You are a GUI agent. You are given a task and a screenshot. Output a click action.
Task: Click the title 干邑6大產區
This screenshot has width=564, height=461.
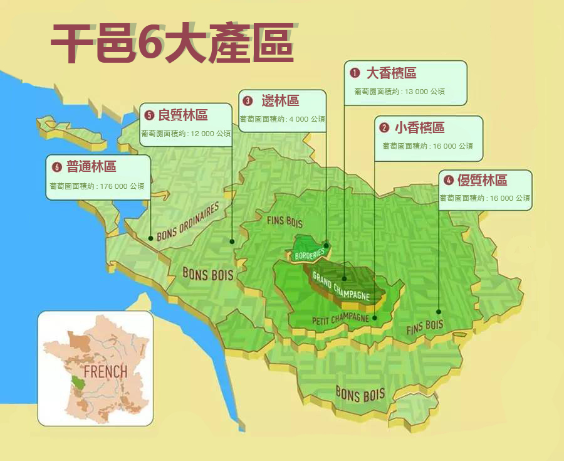tap(172, 44)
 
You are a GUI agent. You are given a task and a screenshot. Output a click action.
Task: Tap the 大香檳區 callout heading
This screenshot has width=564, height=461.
tap(391, 73)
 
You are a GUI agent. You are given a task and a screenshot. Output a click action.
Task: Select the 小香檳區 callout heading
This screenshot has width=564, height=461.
tap(419, 128)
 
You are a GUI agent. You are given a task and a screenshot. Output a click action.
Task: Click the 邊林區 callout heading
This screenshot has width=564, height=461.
tap(279, 101)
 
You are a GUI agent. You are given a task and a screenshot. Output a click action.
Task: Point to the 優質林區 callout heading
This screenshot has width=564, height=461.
tap(482, 181)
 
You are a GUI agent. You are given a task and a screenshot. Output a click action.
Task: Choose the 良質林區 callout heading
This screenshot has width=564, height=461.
tap(182, 115)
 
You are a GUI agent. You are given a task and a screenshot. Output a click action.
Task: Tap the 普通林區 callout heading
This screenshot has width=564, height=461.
tap(91, 167)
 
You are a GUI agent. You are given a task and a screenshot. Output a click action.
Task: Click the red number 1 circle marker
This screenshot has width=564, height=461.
tap(355, 73)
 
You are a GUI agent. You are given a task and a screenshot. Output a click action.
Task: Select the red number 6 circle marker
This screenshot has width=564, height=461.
tap(56, 167)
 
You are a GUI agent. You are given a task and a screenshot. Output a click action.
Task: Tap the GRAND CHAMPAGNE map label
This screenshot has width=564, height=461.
tap(342, 286)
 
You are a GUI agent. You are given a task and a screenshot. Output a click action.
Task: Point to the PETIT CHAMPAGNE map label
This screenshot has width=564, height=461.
tap(341, 318)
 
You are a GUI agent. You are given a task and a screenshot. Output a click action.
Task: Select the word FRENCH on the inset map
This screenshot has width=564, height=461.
tap(105, 371)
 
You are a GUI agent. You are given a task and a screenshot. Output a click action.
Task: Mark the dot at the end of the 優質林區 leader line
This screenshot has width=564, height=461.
tap(439, 312)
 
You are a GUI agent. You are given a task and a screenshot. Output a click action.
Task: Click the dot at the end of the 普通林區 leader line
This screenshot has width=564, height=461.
tap(150, 238)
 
